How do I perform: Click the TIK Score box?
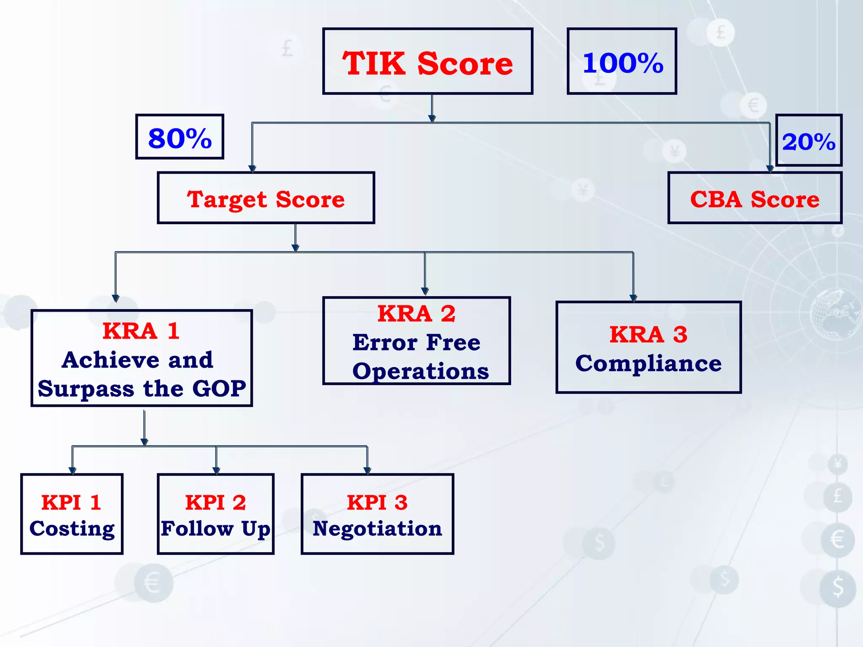coord(428,61)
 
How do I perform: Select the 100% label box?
coord(622,61)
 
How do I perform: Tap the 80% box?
coord(180,137)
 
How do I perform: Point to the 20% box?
coord(809,141)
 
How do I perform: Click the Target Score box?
coord(266,198)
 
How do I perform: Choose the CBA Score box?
coord(755,198)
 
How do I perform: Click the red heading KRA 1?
coord(141,331)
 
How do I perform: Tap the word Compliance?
coord(649,364)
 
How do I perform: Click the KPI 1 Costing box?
coord(72,514)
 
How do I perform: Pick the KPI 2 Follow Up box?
coord(216,514)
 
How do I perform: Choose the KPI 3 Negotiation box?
coord(377,514)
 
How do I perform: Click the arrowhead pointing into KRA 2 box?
coord(425,291)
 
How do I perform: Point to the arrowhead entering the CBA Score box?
coord(770,169)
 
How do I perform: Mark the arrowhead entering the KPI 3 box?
coord(367,471)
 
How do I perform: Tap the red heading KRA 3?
coord(649,335)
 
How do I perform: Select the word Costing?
coord(72,529)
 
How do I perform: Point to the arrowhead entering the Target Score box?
coord(252,169)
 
